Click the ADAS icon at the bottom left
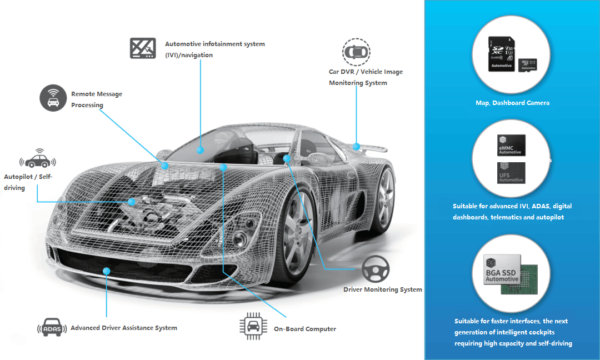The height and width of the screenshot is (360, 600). tap(47, 328)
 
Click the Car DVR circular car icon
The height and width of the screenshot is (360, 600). tap(356, 51)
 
